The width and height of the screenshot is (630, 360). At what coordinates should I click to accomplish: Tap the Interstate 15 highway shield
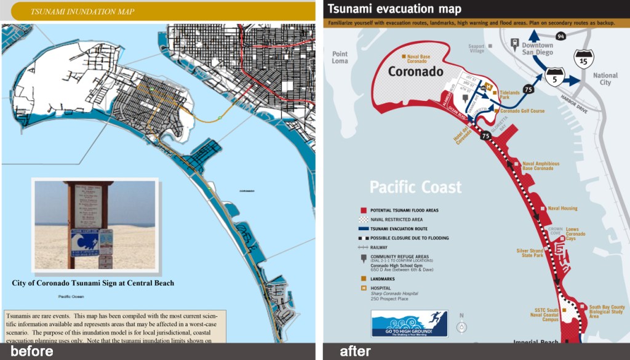(x=583, y=59)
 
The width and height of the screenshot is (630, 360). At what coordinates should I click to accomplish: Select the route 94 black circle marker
(x=560, y=37)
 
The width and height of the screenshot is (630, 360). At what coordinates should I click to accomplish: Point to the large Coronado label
(x=415, y=71)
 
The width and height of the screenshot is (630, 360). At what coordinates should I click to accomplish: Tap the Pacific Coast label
(x=415, y=186)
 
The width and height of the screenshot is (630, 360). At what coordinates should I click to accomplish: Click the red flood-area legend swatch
(x=364, y=210)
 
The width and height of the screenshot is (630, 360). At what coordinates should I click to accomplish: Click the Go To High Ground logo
(x=409, y=324)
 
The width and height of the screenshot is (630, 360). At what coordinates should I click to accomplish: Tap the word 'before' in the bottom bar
(x=31, y=351)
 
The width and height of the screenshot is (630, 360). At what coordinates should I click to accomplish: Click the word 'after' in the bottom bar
(x=355, y=351)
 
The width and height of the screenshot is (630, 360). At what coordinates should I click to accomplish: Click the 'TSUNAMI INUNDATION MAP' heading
(x=82, y=11)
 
